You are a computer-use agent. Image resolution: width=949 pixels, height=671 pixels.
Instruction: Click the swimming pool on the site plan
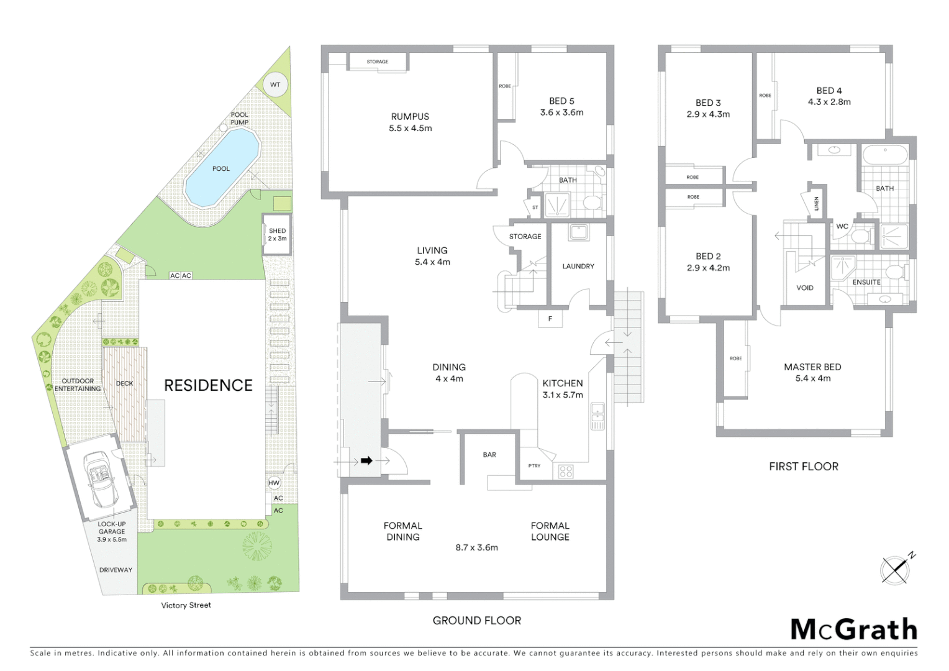click(x=221, y=169)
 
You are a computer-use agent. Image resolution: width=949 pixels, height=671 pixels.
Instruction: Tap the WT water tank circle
click(x=275, y=85)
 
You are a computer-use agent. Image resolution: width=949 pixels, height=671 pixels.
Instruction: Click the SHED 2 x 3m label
click(x=277, y=234)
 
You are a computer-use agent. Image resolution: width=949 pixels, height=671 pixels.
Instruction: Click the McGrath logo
click(x=853, y=629)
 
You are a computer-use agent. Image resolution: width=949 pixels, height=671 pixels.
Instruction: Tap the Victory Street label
click(x=186, y=605)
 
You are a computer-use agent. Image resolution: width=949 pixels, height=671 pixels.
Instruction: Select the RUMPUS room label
click(x=410, y=117)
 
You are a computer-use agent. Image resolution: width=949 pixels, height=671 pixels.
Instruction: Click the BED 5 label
click(x=561, y=101)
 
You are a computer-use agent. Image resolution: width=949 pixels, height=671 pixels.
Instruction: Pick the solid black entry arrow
click(x=366, y=460)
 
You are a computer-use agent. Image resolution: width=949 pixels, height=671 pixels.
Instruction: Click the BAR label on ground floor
click(x=489, y=455)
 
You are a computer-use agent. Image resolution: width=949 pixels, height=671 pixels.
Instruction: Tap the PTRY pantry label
click(x=534, y=465)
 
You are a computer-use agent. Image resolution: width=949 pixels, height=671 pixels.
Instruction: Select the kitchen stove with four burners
click(x=566, y=472)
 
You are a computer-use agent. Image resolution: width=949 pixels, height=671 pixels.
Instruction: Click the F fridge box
click(x=550, y=319)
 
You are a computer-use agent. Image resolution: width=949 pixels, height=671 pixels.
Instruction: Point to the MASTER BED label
click(x=812, y=367)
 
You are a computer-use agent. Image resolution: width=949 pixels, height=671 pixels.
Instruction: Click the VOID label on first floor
click(x=805, y=288)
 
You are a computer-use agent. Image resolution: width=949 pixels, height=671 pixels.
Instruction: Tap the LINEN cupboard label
click(x=817, y=203)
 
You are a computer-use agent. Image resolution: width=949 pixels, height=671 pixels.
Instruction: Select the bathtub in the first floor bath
click(x=885, y=155)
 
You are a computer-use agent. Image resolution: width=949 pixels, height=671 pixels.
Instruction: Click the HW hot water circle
click(x=274, y=483)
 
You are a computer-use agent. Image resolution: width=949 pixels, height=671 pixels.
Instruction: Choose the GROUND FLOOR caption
click(x=476, y=620)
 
